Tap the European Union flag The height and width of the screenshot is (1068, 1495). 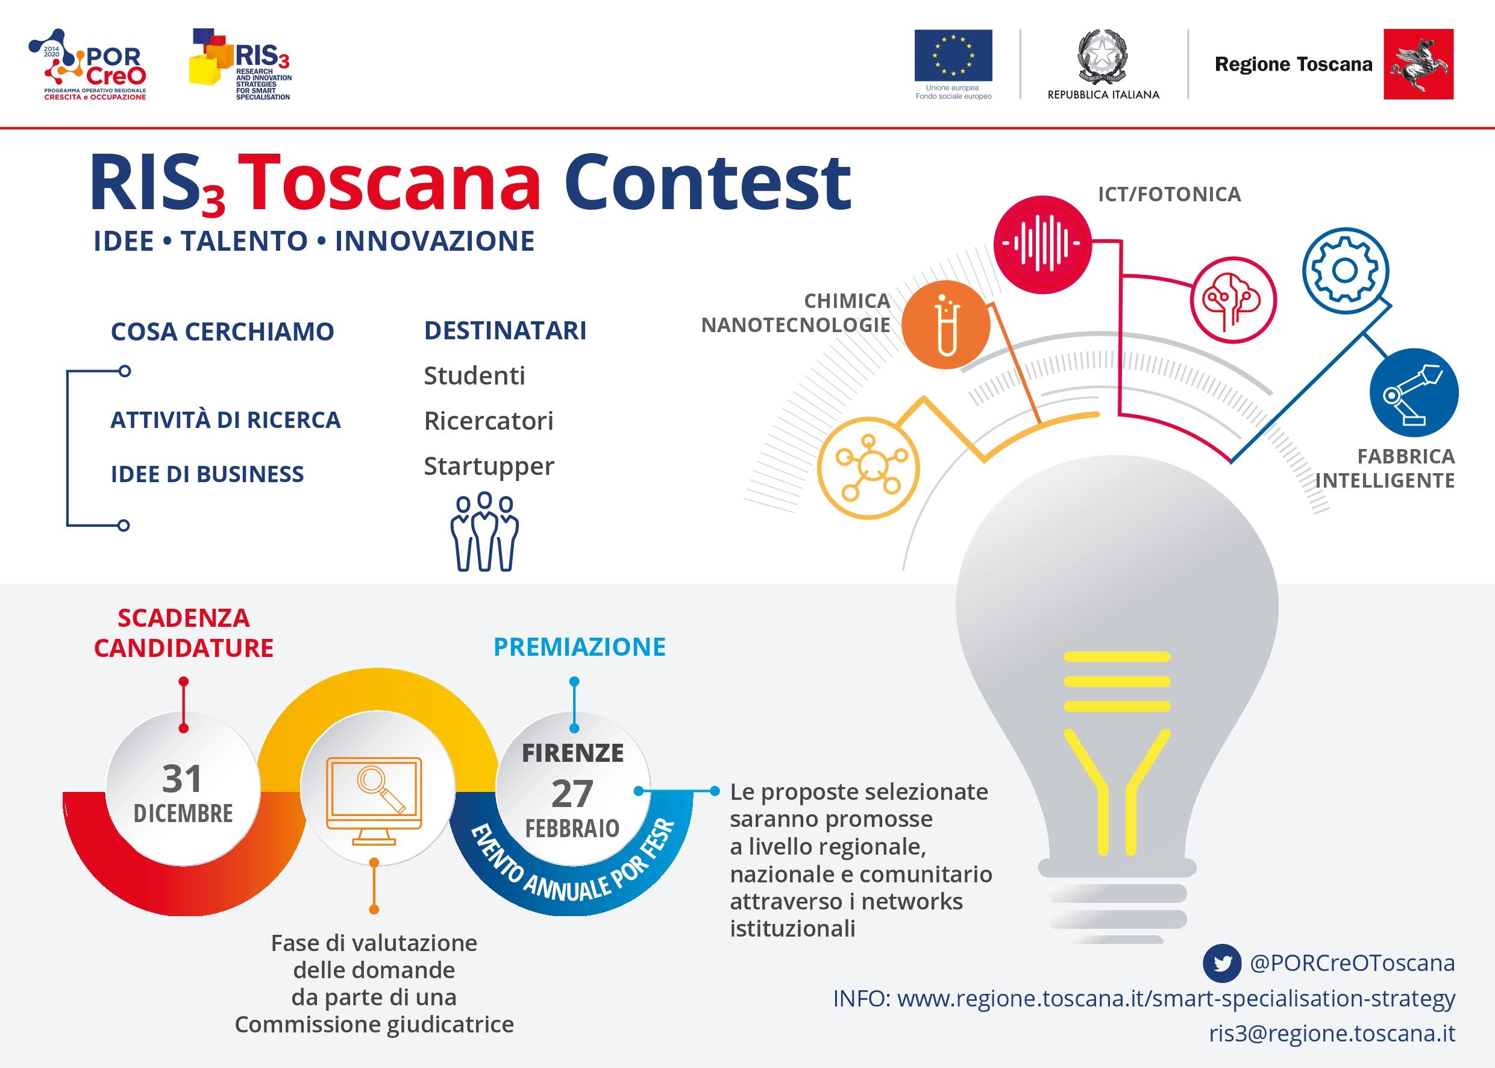point(953,55)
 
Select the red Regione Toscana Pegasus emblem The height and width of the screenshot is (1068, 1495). point(1418,64)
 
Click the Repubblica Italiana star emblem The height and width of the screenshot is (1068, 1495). point(1103,57)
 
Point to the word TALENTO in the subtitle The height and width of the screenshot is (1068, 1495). point(245,241)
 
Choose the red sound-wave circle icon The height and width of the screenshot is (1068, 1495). point(1042,243)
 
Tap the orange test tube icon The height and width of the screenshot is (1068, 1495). point(946,325)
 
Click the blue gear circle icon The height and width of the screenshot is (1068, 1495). point(1345,270)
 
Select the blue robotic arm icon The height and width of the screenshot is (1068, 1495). point(1414,392)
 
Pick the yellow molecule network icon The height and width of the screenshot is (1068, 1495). point(868,468)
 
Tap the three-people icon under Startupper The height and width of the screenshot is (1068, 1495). point(484,532)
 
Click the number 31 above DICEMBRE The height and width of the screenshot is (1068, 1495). point(182,779)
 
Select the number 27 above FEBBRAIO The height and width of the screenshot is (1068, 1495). point(572,794)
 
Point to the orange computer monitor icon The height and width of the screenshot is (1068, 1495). point(374,800)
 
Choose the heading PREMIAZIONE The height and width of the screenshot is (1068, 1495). point(579,647)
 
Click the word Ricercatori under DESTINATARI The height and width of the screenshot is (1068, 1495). point(489,421)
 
